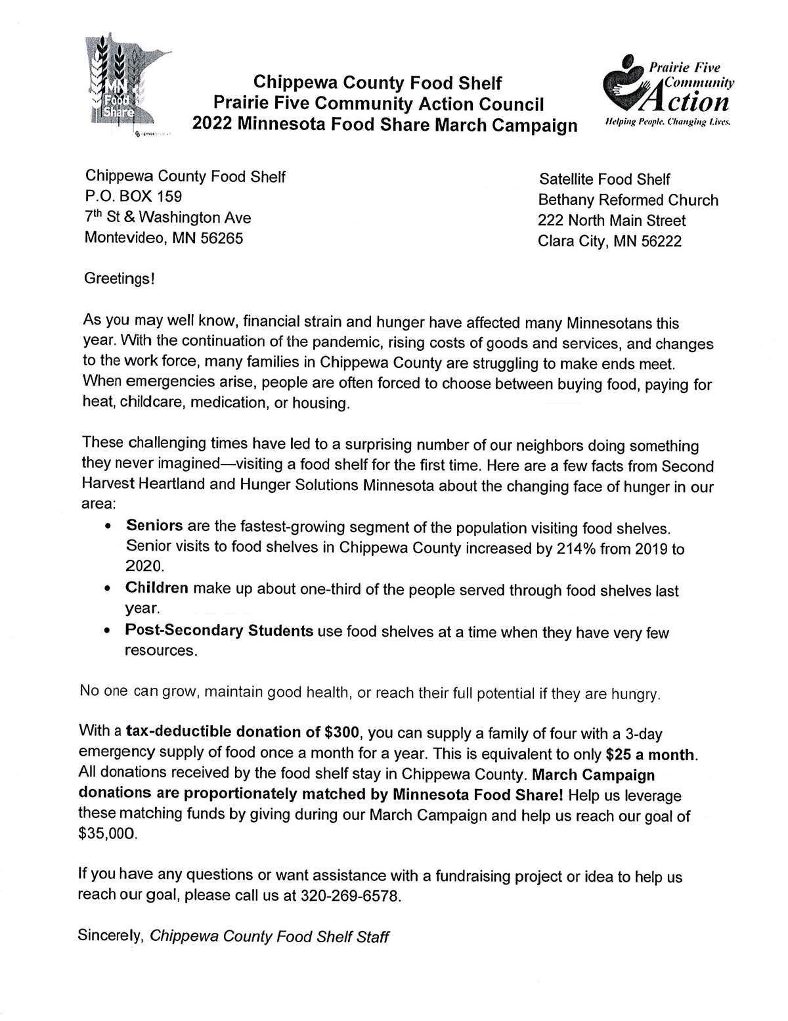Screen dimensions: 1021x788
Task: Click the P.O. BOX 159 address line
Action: [x=133, y=196]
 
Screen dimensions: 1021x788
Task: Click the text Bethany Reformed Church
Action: [x=628, y=200]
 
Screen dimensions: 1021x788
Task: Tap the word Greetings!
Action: [x=120, y=279]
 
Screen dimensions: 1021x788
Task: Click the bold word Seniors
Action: [x=154, y=526]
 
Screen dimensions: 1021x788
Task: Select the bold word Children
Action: [x=157, y=587]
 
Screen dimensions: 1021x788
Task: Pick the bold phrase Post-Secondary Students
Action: [x=219, y=631]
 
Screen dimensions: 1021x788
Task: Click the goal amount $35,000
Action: [x=108, y=834]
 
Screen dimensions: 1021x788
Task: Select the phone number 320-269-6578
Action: [x=349, y=896]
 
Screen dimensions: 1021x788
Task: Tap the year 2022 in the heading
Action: [x=214, y=125]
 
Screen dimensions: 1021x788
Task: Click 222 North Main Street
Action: [x=611, y=221]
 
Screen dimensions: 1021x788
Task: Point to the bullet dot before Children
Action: [x=108, y=589]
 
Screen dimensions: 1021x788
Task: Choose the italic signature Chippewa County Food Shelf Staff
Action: [x=270, y=936]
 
